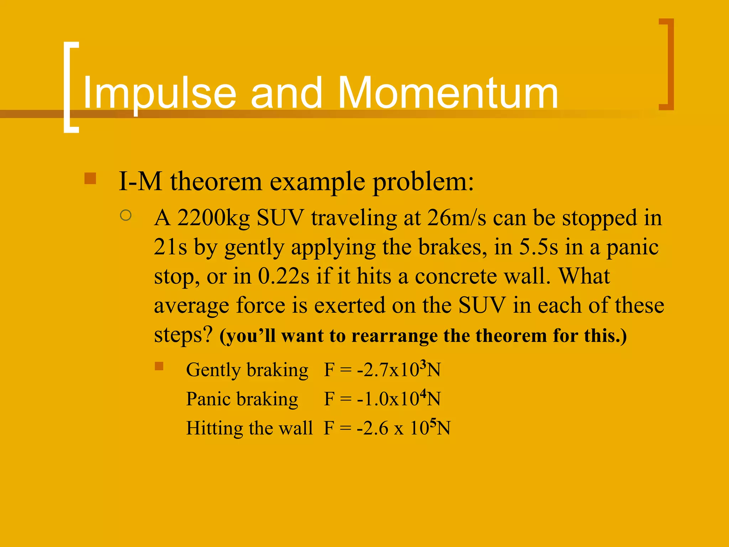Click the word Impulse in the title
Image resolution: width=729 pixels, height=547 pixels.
(x=159, y=93)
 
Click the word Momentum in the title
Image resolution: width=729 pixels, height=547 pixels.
(x=448, y=93)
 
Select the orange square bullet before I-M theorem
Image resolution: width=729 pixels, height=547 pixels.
(x=90, y=178)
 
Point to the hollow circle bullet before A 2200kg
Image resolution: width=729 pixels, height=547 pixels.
(x=126, y=215)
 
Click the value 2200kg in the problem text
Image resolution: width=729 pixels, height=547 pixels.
(x=214, y=218)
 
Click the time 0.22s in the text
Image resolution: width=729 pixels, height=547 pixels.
(x=283, y=276)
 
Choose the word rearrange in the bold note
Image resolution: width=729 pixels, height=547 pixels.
(x=394, y=335)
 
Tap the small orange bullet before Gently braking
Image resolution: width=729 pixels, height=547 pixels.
(x=159, y=366)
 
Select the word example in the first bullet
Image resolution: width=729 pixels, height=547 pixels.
(x=317, y=182)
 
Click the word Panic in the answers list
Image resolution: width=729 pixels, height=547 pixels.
(x=208, y=399)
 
